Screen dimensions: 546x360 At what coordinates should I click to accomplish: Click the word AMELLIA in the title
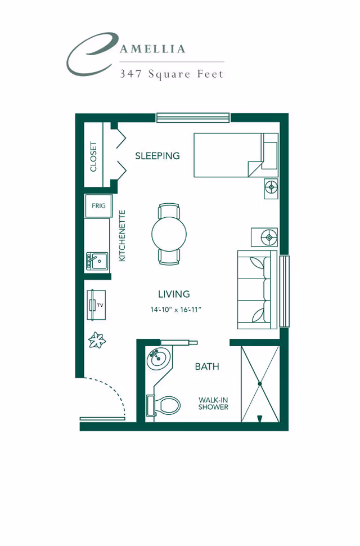click(x=152, y=49)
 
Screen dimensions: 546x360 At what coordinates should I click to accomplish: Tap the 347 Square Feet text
click(x=171, y=74)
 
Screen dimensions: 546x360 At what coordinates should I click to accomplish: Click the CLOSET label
click(x=93, y=156)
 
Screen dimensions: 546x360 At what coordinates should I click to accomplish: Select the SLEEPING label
click(x=157, y=156)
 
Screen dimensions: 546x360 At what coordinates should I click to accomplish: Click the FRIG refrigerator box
click(x=98, y=206)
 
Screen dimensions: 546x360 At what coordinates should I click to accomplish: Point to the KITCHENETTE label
click(x=122, y=236)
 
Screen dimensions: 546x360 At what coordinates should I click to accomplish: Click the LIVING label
click(x=174, y=294)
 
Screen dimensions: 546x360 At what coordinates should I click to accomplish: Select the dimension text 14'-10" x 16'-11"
click(x=175, y=310)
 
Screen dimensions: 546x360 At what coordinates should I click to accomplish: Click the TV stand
click(x=96, y=305)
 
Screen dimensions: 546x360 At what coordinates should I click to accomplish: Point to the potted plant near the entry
click(x=97, y=340)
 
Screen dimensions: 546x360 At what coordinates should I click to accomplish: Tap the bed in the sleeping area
click(x=228, y=155)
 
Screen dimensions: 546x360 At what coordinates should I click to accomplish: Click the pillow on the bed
click(x=270, y=155)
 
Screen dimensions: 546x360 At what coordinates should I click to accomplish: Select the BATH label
click(x=206, y=366)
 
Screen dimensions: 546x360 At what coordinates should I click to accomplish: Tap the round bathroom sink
click(x=158, y=359)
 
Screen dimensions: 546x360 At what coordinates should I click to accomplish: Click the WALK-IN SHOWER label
click(x=213, y=404)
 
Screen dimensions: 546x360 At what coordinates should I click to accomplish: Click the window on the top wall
click(x=193, y=117)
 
